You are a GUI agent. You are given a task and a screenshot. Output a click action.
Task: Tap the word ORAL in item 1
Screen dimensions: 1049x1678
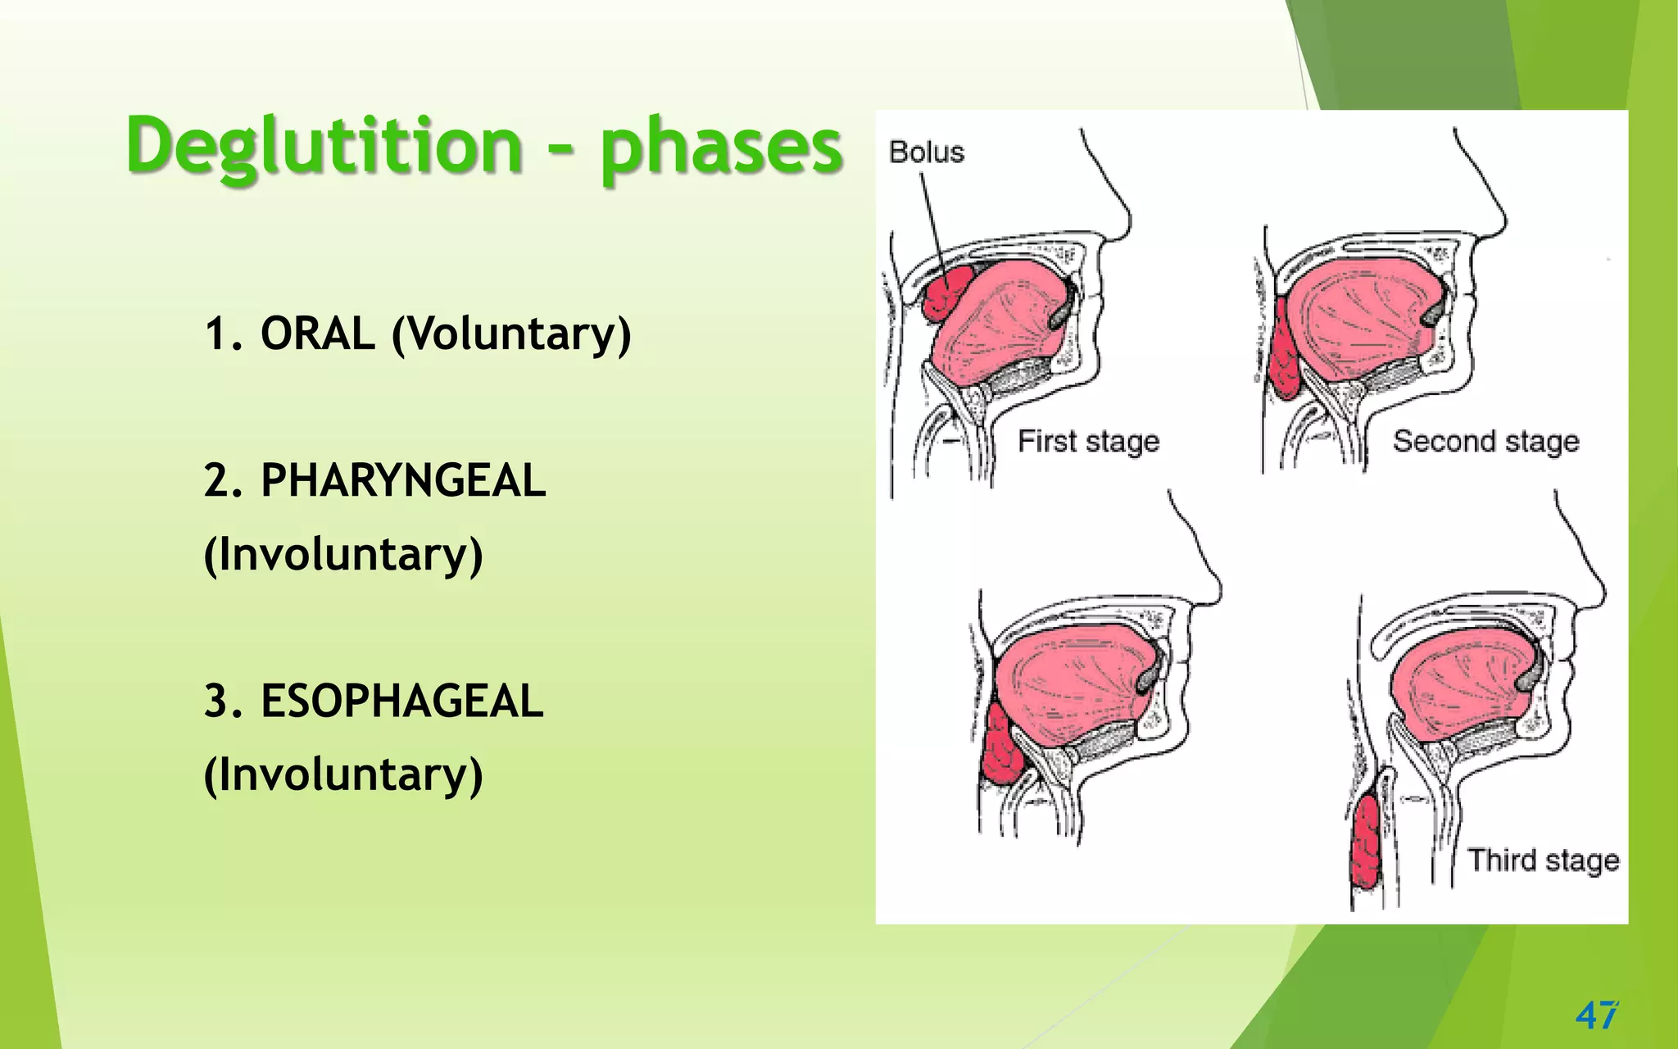(317, 334)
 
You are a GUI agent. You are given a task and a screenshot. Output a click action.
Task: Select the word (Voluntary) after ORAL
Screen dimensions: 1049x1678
(511, 335)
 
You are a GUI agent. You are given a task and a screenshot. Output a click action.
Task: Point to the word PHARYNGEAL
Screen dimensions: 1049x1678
(402, 480)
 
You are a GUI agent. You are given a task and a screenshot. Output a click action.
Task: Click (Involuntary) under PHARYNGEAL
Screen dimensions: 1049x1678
(343, 555)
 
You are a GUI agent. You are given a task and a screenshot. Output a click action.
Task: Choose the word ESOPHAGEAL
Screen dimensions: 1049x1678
(401, 702)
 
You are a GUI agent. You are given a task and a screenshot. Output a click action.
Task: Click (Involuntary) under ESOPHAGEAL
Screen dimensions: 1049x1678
(343, 775)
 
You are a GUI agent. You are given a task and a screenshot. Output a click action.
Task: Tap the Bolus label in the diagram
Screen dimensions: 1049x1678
(927, 152)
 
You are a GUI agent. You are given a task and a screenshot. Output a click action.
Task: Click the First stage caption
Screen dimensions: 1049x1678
(1088, 442)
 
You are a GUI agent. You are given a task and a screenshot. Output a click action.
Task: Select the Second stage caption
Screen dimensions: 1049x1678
(1485, 442)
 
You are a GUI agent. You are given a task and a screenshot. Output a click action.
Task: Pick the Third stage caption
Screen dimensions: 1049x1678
(1543, 861)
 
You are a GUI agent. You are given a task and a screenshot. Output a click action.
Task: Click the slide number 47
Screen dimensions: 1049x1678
(1596, 1015)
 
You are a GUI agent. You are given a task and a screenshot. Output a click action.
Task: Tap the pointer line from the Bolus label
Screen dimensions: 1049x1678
(933, 221)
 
